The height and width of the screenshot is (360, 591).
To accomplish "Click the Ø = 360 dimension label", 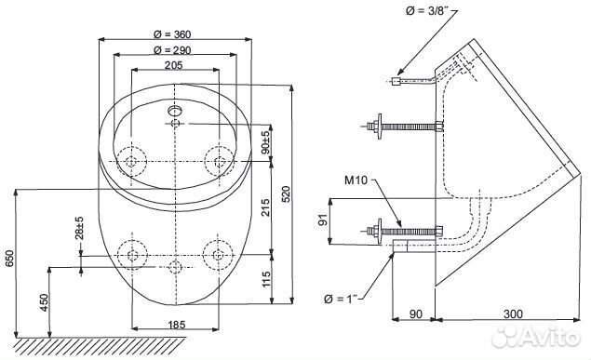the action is tap(172, 34).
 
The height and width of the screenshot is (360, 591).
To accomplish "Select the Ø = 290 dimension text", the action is tap(172, 50).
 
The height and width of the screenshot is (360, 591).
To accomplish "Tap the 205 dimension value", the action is tap(174, 65).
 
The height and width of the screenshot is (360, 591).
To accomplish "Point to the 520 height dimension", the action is tap(286, 193).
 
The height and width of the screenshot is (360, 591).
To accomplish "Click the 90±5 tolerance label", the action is tap(266, 142).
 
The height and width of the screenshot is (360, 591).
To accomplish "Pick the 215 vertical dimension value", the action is tap(266, 207).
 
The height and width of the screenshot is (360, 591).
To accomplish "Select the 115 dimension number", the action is tap(266, 279).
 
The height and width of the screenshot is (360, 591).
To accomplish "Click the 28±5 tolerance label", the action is tap(79, 228).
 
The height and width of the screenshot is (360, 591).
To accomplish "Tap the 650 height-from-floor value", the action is tap(9, 259).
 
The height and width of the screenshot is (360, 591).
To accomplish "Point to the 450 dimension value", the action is tap(44, 302).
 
